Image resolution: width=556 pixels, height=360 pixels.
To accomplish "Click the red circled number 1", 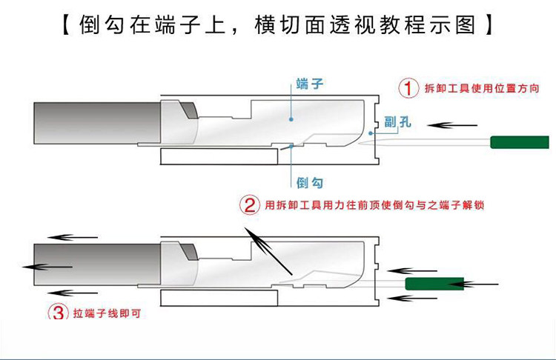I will pyautogui.click(x=409, y=88).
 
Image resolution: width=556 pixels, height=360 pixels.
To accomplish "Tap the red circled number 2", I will pyautogui.click(x=248, y=205).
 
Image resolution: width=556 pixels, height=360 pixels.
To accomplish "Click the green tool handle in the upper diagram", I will pyautogui.click(x=518, y=141).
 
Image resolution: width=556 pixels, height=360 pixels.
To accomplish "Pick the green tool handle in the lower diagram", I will pyautogui.click(x=434, y=283).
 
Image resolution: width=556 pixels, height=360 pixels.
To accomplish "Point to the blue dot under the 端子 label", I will pyautogui.click(x=294, y=117).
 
